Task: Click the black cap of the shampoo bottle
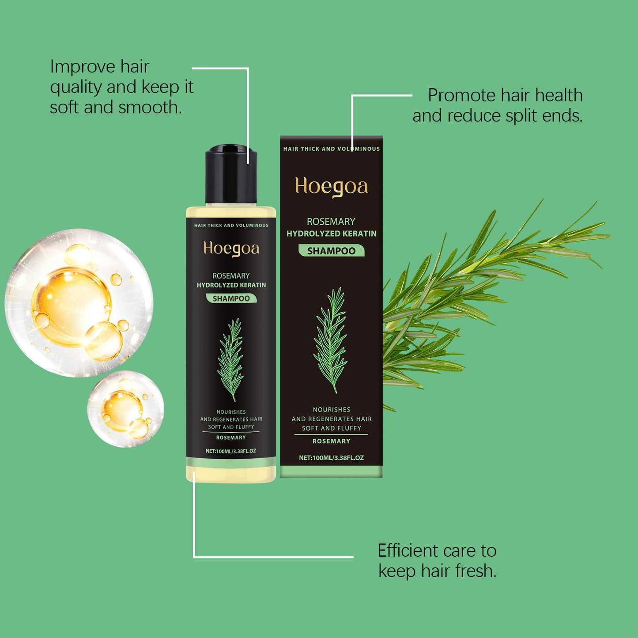point(231,176)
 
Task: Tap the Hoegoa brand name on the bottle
point(231,249)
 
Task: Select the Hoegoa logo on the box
point(331,186)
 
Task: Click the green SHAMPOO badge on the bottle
point(231,298)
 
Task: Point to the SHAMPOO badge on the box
point(331,251)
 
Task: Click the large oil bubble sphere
point(79,303)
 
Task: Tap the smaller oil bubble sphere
point(126,409)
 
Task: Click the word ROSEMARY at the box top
point(331,221)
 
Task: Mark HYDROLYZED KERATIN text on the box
point(331,234)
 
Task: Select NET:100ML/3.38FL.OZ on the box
point(331,458)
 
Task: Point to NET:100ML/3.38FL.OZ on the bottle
point(231,451)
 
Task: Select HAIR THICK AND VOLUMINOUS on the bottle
point(231,225)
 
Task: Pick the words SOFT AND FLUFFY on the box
point(331,428)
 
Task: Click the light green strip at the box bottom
point(331,472)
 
